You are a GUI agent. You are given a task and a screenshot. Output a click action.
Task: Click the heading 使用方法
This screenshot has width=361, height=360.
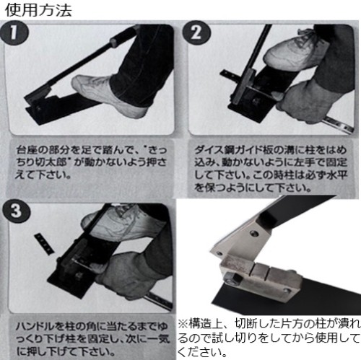38,10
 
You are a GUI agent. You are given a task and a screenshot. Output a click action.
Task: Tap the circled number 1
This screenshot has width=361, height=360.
14,32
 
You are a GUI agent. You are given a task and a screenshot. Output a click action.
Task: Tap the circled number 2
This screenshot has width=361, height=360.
196,32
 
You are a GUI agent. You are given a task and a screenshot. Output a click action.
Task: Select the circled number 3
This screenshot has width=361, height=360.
16,211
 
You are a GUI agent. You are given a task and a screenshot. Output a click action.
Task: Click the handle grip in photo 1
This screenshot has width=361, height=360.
121,37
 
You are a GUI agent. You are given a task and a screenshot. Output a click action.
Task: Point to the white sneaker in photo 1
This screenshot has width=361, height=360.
108,95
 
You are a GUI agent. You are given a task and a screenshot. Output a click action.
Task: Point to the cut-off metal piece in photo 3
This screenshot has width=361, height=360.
44,244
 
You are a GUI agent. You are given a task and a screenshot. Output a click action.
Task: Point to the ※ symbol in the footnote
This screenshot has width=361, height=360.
183,324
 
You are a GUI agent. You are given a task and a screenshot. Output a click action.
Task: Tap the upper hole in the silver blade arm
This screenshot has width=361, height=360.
254,233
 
